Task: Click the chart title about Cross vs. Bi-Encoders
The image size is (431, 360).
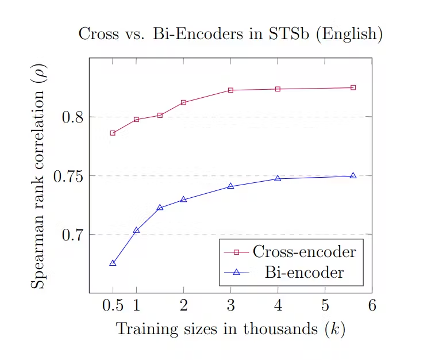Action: tap(230, 34)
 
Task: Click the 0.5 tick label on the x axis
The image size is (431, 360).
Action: tap(112, 305)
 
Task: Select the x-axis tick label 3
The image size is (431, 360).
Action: tap(230, 305)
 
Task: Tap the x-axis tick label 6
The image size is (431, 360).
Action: tap(372, 305)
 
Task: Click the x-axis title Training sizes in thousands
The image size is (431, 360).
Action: tap(230, 330)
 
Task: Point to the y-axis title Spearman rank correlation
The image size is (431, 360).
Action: tap(39, 175)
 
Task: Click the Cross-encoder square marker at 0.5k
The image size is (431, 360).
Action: tap(113, 133)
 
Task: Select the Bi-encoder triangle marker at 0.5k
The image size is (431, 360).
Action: tap(113, 263)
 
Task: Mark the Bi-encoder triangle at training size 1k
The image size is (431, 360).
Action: tap(136, 230)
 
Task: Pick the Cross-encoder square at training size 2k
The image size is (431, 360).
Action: tap(183, 102)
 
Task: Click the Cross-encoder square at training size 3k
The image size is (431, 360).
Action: tap(230, 90)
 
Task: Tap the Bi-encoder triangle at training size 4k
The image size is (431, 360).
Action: tap(278, 178)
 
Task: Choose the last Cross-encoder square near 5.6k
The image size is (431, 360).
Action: tap(353, 87)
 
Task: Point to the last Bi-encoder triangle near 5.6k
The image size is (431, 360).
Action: tap(353, 175)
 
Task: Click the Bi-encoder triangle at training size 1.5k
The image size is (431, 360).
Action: tap(160, 207)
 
